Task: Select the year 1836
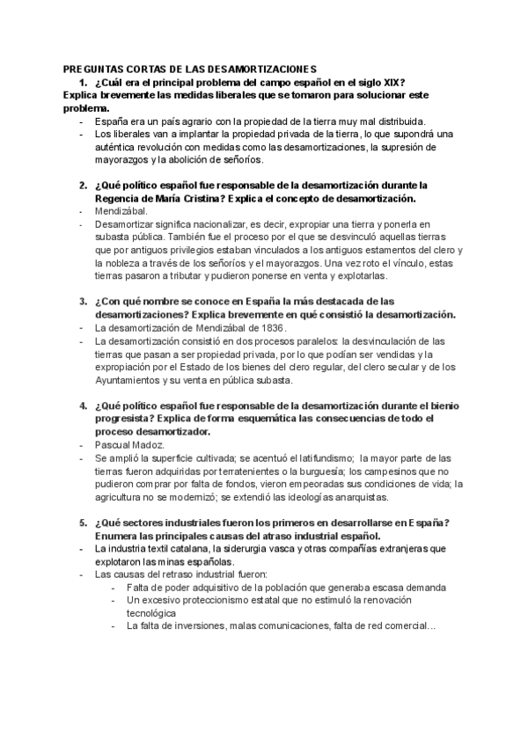tap(270, 327)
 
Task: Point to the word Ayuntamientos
tap(133, 380)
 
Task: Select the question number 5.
tap(82, 523)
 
